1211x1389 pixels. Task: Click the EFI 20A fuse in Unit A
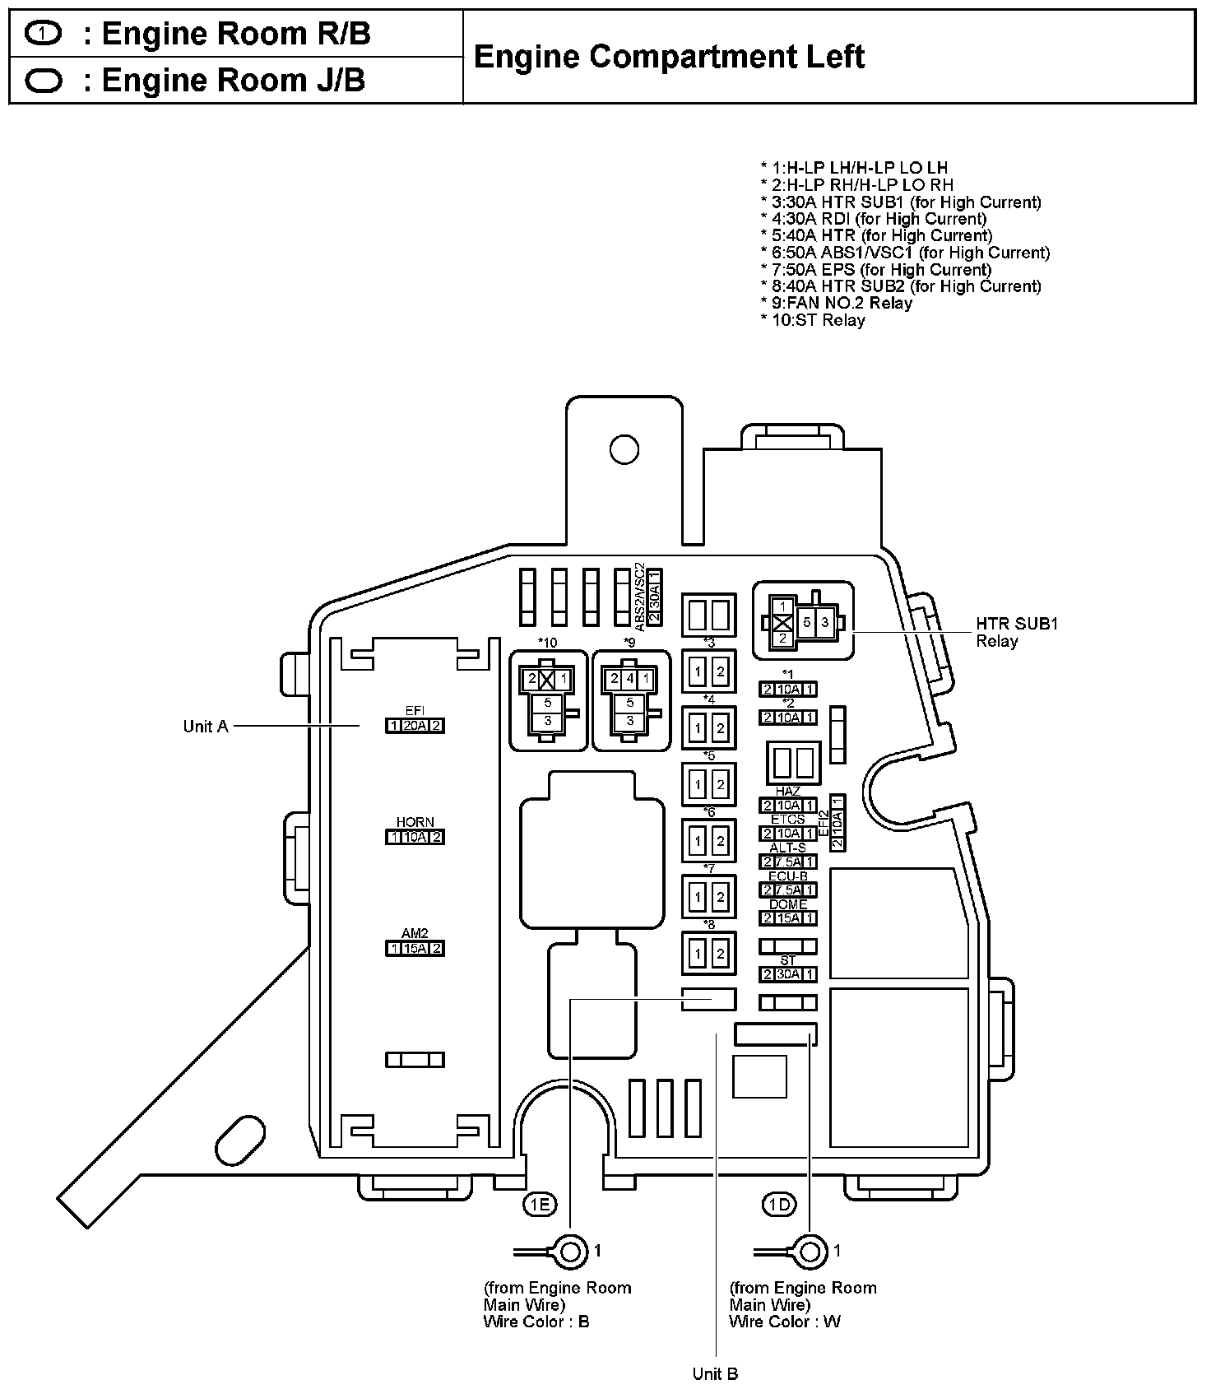(415, 726)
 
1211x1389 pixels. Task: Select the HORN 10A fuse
(415, 837)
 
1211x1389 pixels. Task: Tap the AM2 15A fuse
(415, 948)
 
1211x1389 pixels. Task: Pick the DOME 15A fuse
(788, 918)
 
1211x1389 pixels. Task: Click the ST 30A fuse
(788, 974)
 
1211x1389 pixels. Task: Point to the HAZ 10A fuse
(788, 806)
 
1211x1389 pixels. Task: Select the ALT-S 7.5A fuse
(788, 862)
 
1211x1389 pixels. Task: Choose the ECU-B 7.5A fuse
(788, 890)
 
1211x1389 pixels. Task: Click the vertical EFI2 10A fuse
(837, 823)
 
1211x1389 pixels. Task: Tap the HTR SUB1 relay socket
(803, 621)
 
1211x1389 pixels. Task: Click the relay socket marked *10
(549, 700)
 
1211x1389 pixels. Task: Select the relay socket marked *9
(631, 700)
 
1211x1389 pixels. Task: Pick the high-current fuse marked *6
(708, 841)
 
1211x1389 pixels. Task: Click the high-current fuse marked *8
(708, 954)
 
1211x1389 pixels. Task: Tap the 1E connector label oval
(540, 1205)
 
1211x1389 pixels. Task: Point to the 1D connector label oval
(778, 1205)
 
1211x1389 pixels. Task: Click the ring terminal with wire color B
(569, 1252)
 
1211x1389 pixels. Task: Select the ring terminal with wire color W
(810, 1252)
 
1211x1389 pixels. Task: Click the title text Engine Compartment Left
(669, 57)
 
